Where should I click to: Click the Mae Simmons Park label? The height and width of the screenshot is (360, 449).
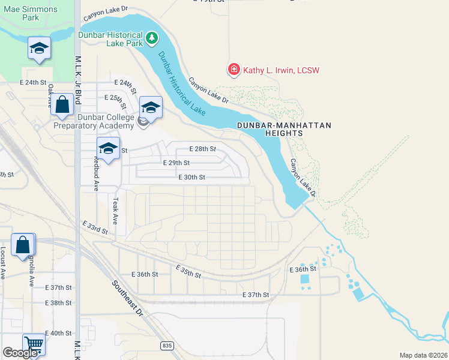point(31,14)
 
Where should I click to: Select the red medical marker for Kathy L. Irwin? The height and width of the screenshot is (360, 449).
point(234,70)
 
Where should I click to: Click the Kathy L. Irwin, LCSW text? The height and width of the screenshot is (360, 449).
point(280,71)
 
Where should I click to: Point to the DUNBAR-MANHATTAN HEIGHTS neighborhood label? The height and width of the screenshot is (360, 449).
point(285,130)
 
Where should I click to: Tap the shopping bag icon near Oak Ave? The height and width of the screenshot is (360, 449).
point(62,105)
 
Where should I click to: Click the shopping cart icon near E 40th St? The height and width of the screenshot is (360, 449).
point(34,344)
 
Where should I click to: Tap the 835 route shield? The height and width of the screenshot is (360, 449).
point(167,346)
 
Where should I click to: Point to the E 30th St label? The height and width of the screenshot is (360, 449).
point(192,178)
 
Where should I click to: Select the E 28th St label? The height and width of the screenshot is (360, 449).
point(202,149)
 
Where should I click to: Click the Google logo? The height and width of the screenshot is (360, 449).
point(20,353)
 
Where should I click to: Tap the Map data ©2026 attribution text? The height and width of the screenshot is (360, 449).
point(423,355)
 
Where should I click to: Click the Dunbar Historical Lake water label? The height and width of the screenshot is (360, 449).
point(182,84)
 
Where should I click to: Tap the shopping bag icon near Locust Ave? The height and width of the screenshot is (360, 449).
point(22,245)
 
